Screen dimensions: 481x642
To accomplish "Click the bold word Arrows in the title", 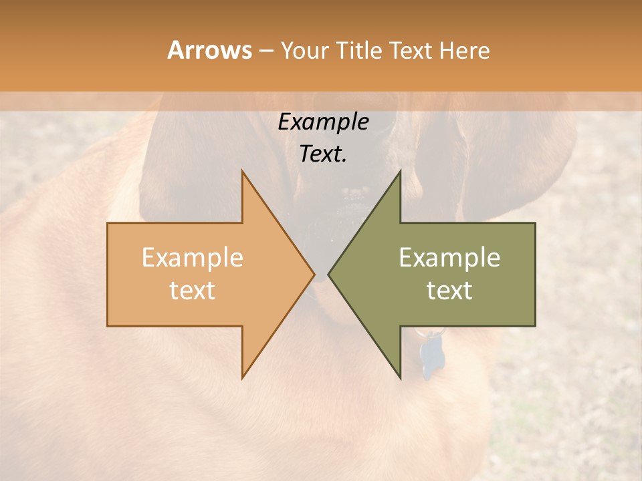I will [x=209, y=50].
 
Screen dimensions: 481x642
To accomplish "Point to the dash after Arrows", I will [x=265, y=51].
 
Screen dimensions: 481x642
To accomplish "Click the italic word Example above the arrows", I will [x=324, y=122].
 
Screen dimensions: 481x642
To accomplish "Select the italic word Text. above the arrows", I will [x=324, y=154].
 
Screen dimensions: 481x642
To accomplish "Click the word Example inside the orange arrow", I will [x=193, y=258].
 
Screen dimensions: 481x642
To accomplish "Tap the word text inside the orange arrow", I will [x=193, y=291].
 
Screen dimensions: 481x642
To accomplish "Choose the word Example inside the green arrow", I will [x=449, y=258].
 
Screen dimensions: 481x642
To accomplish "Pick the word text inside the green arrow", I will [x=449, y=291].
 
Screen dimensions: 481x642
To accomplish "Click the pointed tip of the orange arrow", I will [x=314, y=274].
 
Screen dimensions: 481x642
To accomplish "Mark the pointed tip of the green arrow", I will [x=329, y=274].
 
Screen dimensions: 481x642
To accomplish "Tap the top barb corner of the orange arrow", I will [x=243, y=172].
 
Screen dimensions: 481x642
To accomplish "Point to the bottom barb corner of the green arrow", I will [x=400, y=377].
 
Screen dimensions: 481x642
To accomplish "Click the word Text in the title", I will [x=411, y=51].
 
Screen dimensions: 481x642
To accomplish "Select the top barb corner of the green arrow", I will [x=400, y=172].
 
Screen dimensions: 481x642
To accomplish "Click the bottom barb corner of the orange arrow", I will [x=243, y=377].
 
